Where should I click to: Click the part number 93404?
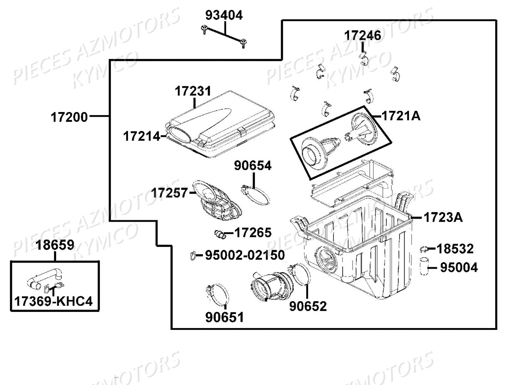click(x=224, y=15)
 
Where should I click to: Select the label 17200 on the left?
click(x=69, y=116)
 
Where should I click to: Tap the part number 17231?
click(x=193, y=91)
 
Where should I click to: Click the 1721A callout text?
click(x=400, y=115)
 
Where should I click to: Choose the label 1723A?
click(x=443, y=217)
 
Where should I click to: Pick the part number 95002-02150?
click(x=245, y=255)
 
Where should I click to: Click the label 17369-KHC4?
click(x=54, y=302)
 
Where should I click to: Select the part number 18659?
click(x=55, y=245)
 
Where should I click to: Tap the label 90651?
click(x=224, y=317)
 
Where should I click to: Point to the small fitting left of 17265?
click(x=220, y=233)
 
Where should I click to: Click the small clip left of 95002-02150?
click(x=192, y=256)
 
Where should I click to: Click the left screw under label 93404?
click(x=203, y=29)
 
